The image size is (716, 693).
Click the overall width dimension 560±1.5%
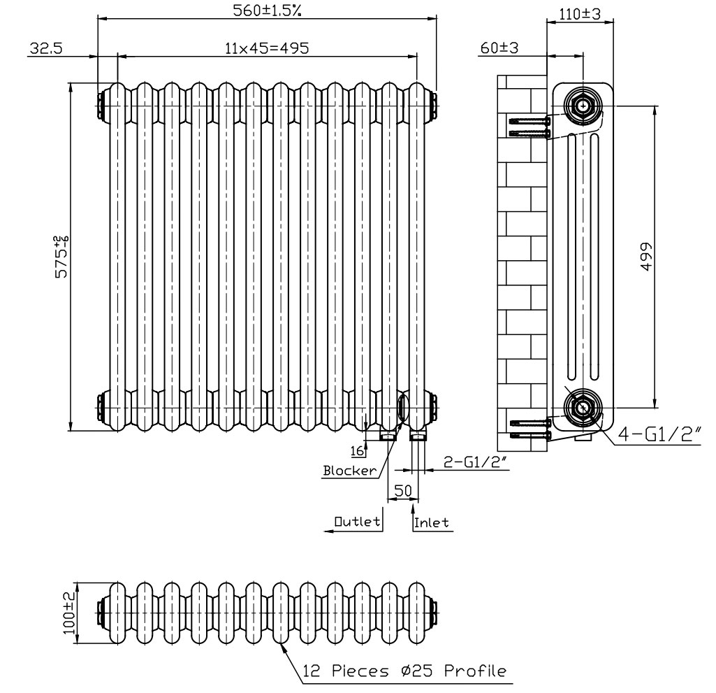pyautogui.click(x=267, y=10)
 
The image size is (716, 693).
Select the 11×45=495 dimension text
pyautogui.click(x=267, y=48)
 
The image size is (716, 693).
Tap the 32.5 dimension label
pyautogui.click(x=46, y=48)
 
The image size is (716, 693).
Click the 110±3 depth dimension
pyautogui.click(x=580, y=14)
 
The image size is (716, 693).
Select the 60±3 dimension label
pyautogui.click(x=499, y=48)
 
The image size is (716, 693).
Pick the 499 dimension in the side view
pyautogui.click(x=647, y=257)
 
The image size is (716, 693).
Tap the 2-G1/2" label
pyautogui.click(x=476, y=462)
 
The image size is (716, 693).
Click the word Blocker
pyautogui.click(x=350, y=471)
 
